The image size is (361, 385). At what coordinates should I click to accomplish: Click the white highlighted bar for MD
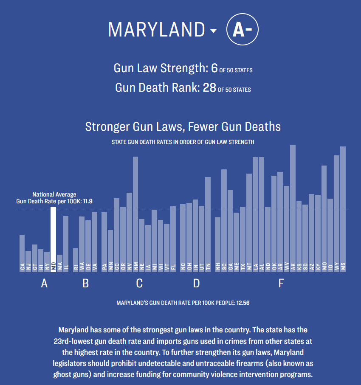coord(54,238)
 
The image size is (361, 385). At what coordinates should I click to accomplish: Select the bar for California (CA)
coord(22,253)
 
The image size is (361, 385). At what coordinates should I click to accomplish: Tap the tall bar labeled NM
coord(135,212)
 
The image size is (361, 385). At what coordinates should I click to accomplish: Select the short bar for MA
coord(60,263)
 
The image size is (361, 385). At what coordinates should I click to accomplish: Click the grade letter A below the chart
coord(44,284)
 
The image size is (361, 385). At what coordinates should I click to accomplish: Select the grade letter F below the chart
coord(281,284)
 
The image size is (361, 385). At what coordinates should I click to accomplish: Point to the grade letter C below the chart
coord(139,284)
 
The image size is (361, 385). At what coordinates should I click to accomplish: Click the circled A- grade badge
coord(243,30)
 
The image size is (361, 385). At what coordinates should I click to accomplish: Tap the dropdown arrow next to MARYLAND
coord(213,31)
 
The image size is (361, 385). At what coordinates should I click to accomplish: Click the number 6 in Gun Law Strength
coord(214,68)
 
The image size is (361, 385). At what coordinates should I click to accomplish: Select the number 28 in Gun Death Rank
coord(209,88)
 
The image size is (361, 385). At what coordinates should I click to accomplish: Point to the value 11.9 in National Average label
coord(88,201)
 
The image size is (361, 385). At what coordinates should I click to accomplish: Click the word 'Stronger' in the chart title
coord(105,126)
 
